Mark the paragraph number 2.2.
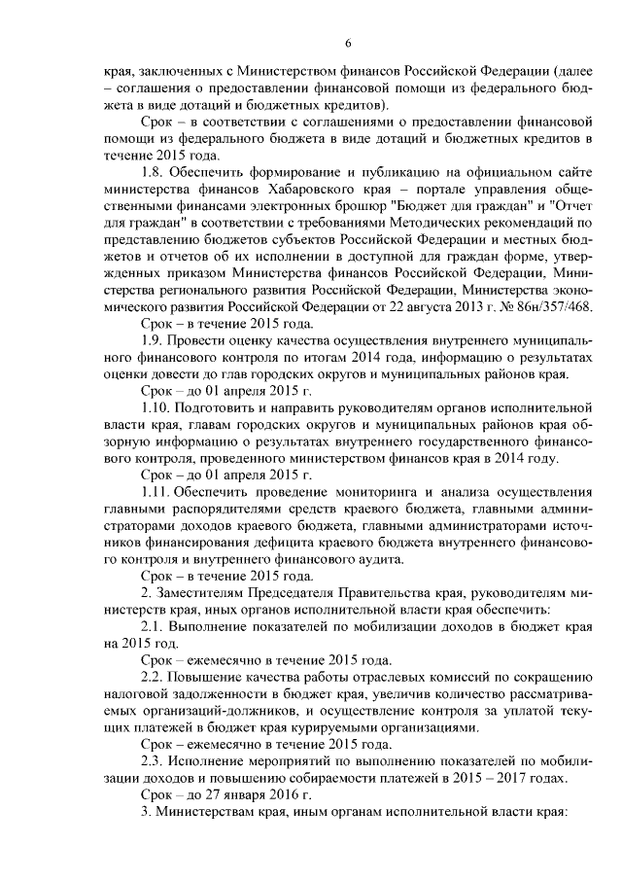[155, 677]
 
